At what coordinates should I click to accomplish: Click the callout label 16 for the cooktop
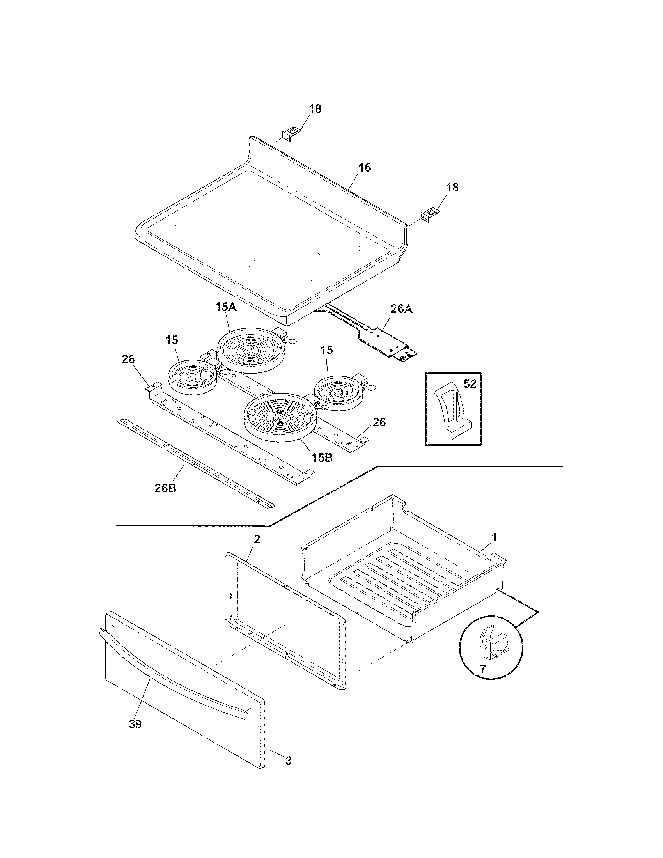[365, 168]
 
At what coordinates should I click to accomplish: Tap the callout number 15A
[226, 307]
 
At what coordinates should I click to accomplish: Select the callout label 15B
[322, 458]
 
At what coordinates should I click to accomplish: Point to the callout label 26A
[401, 309]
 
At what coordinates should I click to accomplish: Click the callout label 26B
[165, 488]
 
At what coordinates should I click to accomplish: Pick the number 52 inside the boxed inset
[470, 383]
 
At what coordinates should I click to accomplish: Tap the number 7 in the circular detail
[483, 669]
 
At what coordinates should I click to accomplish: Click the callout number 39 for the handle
[135, 723]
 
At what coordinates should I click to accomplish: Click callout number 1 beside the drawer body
[495, 537]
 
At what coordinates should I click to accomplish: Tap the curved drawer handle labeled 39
[173, 668]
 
